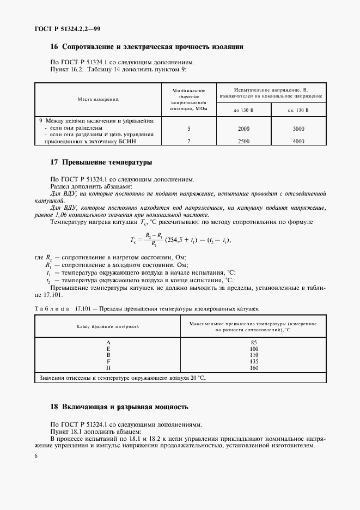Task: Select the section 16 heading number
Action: (54, 47)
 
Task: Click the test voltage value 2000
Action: (243, 129)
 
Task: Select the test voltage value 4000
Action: (298, 141)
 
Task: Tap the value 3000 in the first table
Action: (298, 129)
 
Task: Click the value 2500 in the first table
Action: (243, 141)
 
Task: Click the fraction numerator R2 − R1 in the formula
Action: (155, 233)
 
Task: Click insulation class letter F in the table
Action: (108, 361)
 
